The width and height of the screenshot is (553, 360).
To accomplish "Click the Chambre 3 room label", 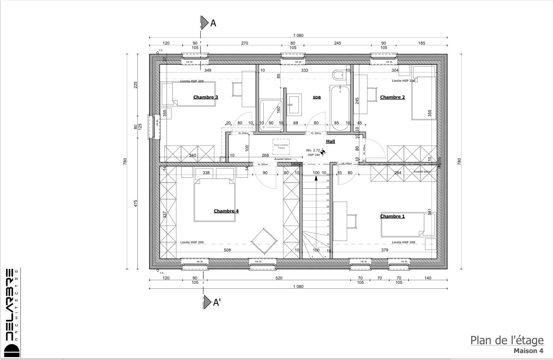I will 205,97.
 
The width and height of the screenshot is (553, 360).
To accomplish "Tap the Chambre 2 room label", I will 392,97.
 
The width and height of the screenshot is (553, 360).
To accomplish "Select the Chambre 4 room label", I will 226,211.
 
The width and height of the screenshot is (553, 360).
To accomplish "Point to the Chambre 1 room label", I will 392,216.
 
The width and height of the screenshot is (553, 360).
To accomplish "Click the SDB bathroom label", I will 317,98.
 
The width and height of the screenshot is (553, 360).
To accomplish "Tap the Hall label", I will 331,141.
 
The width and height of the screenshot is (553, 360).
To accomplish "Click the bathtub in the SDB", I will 340,108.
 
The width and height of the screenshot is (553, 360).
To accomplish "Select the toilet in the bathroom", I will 337,76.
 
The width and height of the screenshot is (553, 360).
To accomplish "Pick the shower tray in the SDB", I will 271,115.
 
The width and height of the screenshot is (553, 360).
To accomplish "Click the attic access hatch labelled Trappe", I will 281,146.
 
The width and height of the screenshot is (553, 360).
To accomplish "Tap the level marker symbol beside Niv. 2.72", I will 323,152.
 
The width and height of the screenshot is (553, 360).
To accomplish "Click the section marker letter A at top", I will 213,23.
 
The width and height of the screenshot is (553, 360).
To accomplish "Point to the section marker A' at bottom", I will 217,302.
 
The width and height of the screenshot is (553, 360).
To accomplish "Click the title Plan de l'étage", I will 506,340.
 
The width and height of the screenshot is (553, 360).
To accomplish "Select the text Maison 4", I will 528,351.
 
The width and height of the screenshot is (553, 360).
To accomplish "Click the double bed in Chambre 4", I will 215,200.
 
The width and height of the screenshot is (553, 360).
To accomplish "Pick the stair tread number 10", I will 327,207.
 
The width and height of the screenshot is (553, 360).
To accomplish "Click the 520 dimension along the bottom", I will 279,278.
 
